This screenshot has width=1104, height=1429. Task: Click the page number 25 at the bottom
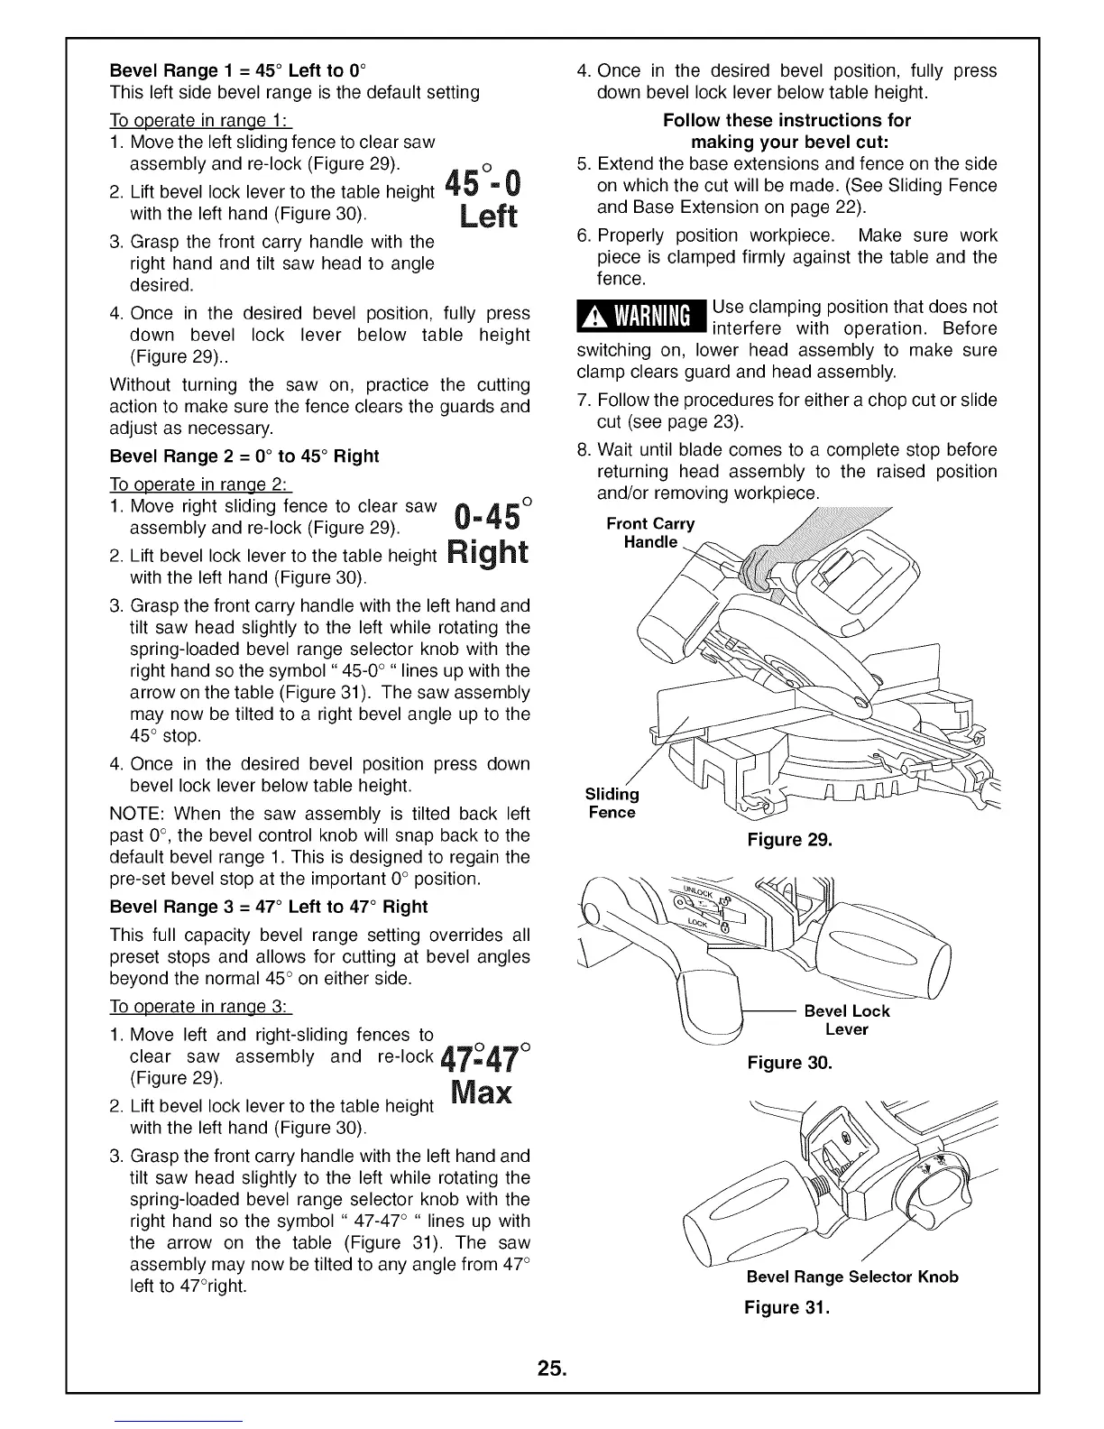click(x=552, y=1369)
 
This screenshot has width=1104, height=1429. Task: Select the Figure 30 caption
click(x=789, y=1063)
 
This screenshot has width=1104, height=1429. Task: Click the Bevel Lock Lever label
click(x=846, y=1020)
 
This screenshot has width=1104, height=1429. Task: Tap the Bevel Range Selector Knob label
click(x=852, y=1277)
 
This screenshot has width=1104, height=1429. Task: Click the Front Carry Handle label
click(x=650, y=532)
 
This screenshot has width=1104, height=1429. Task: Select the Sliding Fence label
click(x=612, y=803)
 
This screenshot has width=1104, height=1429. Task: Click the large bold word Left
click(x=488, y=217)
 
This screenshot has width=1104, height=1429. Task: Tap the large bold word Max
click(x=481, y=1093)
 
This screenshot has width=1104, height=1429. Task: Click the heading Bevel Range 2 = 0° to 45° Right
click(x=244, y=456)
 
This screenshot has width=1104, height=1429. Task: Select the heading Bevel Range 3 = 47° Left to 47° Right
click(x=268, y=907)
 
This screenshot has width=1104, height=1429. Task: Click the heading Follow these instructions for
click(x=787, y=120)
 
